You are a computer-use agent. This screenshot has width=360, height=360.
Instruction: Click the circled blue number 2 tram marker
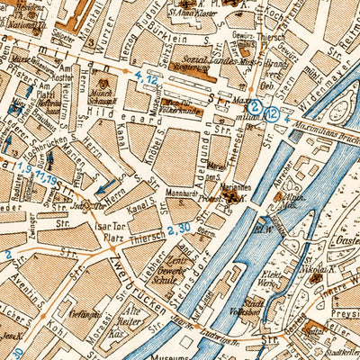[255, 106]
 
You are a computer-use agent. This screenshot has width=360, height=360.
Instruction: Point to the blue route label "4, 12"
[147, 80]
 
